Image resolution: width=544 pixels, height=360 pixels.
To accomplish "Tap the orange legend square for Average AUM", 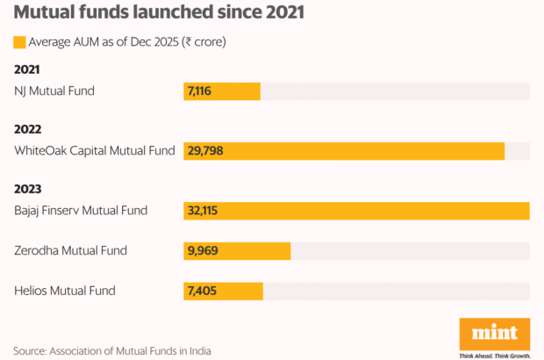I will tap(19, 42).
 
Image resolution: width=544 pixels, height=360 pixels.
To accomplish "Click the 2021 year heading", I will tap(28, 69).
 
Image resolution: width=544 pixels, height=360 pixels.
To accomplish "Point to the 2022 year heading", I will tap(28, 129).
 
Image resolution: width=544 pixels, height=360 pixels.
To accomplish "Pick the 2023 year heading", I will tap(28, 189).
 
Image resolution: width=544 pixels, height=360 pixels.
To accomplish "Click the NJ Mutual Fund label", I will tap(54, 90).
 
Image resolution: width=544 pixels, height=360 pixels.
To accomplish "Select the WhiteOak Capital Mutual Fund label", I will tap(95, 151).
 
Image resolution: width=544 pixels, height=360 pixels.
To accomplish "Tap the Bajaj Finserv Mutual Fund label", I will tap(81, 211).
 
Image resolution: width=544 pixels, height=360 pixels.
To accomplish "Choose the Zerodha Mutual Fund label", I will tap(70, 251).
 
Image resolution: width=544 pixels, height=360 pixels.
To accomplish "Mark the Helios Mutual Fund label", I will tap(65, 291).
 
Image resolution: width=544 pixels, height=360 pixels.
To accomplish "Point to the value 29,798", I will tap(204, 151).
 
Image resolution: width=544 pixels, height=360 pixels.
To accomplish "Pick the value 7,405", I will tap(201, 291).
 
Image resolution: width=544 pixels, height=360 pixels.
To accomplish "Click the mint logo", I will tap(495, 334).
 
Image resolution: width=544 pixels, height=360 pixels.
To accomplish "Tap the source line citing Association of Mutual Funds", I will tap(112, 351).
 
